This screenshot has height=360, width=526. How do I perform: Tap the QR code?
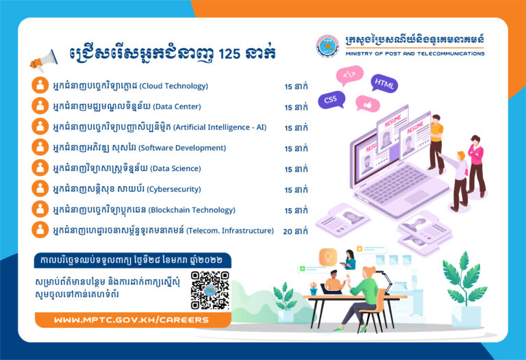pyautogui.click(x=210, y=290)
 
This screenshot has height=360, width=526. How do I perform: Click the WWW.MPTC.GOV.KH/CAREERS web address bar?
pyautogui.click(x=131, y=320)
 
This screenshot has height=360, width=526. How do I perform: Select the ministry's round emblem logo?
pyautogui.click(x=327, y=46)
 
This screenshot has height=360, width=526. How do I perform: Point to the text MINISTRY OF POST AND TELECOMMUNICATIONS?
pyautogui.click(x=415, y=53)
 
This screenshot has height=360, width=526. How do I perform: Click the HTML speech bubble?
pyautogui.click(x=384, y=84)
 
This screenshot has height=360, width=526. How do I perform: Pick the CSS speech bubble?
pyautogui.click(x=331, y=100)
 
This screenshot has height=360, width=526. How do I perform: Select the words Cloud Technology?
pyautogui.click(x=174, y=86)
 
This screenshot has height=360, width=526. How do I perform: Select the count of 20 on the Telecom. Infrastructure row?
pyautogui.click(x=288, y=231)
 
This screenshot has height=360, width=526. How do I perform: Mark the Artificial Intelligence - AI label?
pyautogui.click(x=222, y=127)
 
